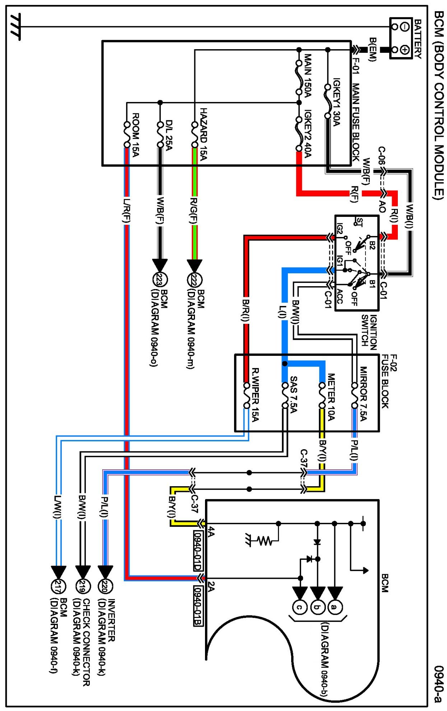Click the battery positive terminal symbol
click(405, 50)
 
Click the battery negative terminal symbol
click(405, 27)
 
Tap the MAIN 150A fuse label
click(308, 75)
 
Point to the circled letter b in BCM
click(317, 607)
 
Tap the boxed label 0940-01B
click(198, 606)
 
